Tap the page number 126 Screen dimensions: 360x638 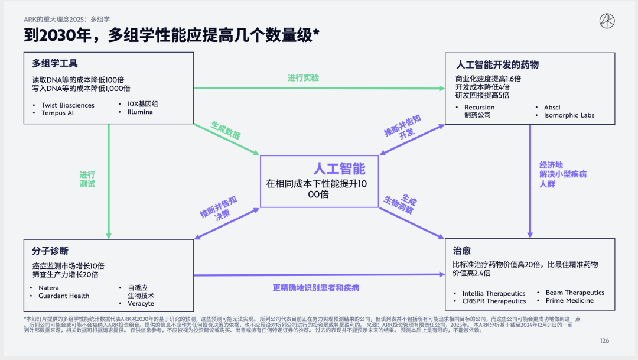pos(604,340)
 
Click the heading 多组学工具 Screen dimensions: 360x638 pos(54,63)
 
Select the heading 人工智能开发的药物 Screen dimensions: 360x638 pos(497,64)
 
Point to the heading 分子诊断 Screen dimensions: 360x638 pos(50,251)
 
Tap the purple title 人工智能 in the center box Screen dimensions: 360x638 pos(339,168)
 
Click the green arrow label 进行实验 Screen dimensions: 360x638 pos(303,78)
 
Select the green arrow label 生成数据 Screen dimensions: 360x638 pos(226,130)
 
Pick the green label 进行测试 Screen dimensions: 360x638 pos(87,179)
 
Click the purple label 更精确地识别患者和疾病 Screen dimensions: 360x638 pos(315,288)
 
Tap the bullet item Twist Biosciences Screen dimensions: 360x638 pos(67,105)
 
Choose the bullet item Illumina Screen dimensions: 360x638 pos(140,112)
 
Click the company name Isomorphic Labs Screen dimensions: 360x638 pos(569,115)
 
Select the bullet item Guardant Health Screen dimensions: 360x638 pos(64,296)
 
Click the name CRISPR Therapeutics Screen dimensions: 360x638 pos(494,301)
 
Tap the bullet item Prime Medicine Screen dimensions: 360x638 pos(569,300)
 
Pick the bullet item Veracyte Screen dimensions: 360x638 pos(141,303)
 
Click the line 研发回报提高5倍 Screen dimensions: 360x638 pos(482,95)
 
